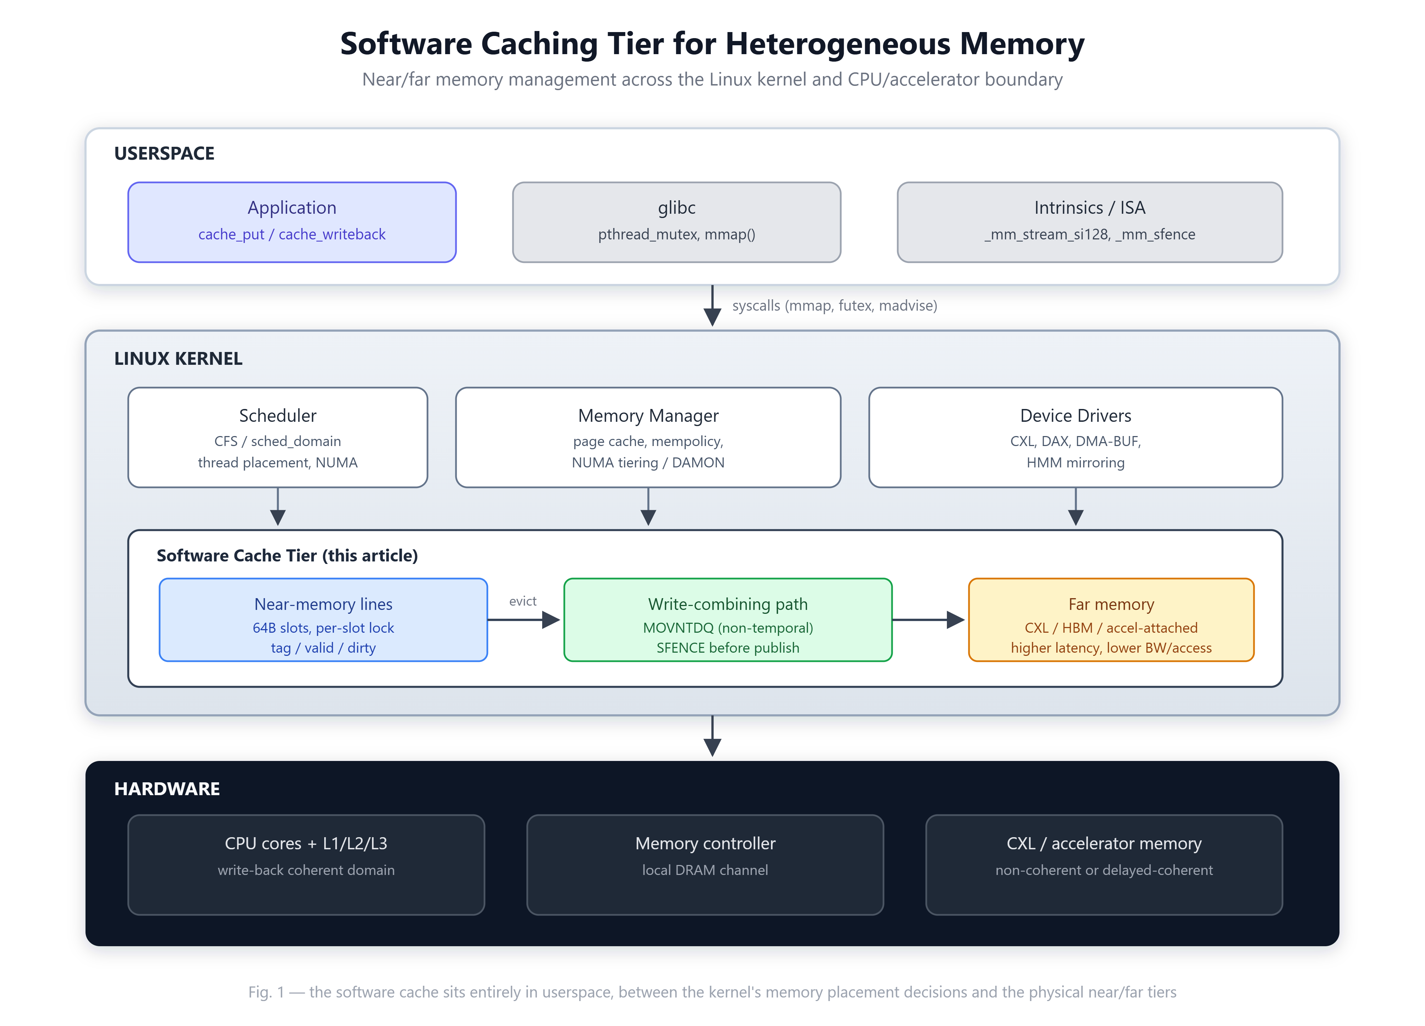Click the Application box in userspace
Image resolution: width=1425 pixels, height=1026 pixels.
pos(291,222)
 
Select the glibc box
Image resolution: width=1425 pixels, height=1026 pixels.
pos(676,222)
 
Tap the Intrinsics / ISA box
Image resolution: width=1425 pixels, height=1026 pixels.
pos(1089,222)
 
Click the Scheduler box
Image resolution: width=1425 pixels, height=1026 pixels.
pos(278,437)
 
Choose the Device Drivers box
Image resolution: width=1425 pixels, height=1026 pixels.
pos(1076,437)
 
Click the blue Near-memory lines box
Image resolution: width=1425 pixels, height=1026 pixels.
pos(323,620)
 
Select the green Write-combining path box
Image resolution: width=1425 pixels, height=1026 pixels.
pos(727,620)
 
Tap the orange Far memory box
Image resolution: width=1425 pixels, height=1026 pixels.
pos(1111,620)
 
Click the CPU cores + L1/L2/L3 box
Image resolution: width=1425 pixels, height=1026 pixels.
pos(306,865)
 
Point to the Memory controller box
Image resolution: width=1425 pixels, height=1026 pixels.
pos(705,865)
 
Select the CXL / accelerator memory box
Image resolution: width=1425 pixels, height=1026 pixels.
pos(1104,865)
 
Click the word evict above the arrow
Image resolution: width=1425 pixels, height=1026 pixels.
pos(523,601)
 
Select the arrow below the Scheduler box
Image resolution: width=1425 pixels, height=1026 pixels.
pos(278,506)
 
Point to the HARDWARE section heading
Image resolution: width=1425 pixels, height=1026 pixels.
pos(167,789)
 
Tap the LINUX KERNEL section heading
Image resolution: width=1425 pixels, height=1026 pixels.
pos(178,359)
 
